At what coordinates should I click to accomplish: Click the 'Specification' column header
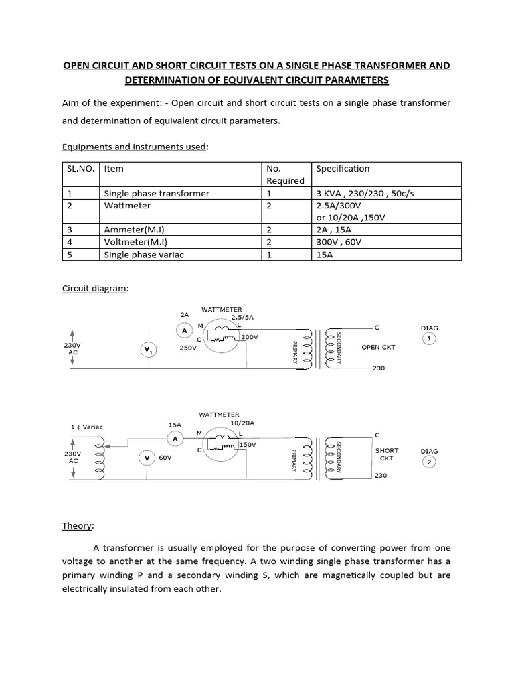pyautogui.click(x=343, y=169)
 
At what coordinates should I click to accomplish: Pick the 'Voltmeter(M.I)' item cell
pyautogui.click(x=135, y=242)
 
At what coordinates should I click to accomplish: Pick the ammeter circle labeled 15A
pyautogui.click(x=175, y=439)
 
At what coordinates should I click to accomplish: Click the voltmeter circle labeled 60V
pyautogui.click(x=146, y=458)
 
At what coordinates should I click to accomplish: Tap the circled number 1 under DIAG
pyautogui.click(x=429, y=339)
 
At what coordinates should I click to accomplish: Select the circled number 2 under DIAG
pyautogui.click(x=429, y=462)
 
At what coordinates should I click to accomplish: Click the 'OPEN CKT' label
pyautogui.click(x=379, y=347)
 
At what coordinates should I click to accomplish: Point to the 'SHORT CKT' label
pyautogui.click(x=387, y=455)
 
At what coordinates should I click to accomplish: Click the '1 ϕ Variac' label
pyautogui.click(x=87, y=427)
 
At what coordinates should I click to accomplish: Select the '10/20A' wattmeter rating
pyautogui.click(x=243, y=423)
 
